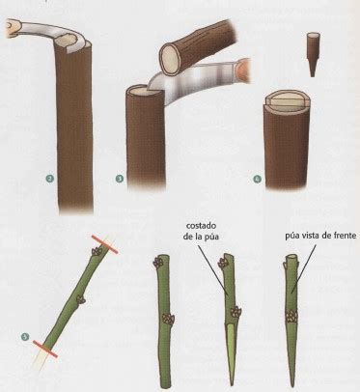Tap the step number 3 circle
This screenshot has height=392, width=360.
pos(120,178)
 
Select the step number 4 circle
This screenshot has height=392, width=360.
pos(255,178)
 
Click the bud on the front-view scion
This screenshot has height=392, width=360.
pos(289,315)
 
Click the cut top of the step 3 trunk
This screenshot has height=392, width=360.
pos(140,93)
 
